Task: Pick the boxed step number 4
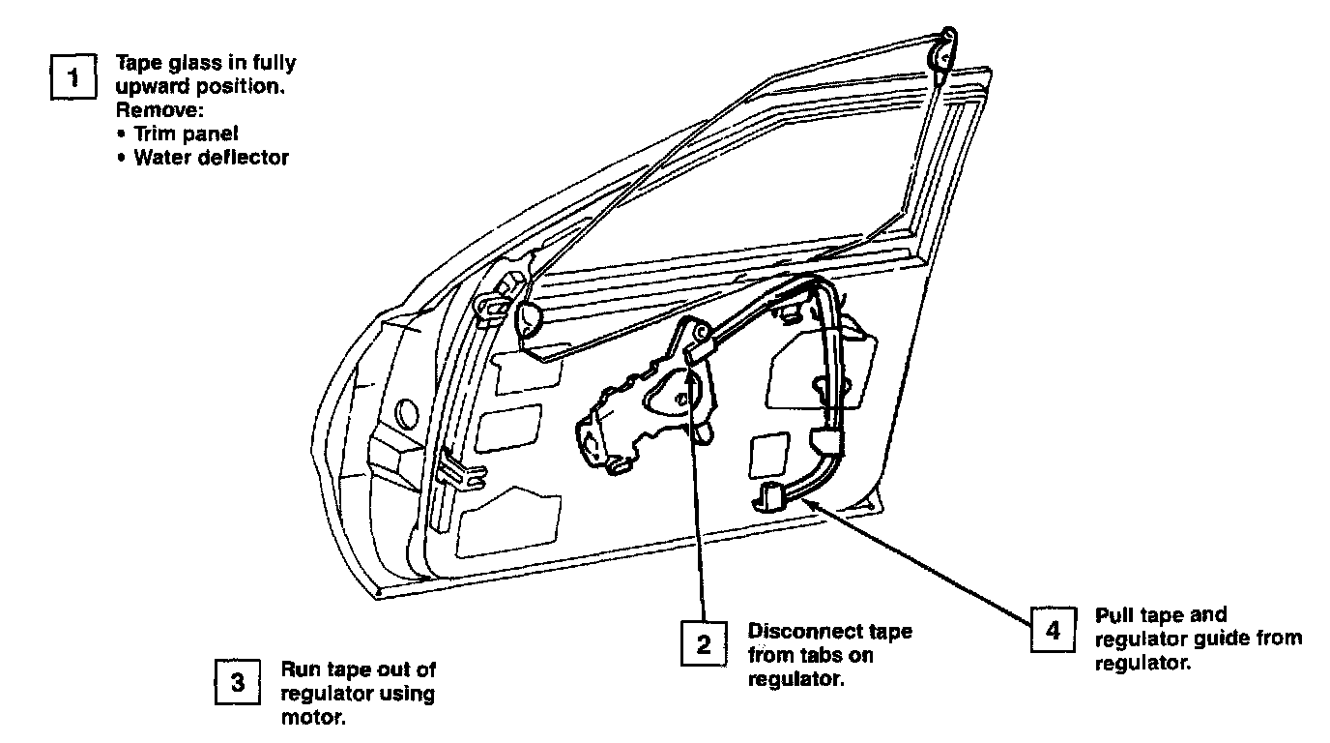[x=1053, y=631]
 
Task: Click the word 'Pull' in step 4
[x=1115, y=615]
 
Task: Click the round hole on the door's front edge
[x=406, y=413]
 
